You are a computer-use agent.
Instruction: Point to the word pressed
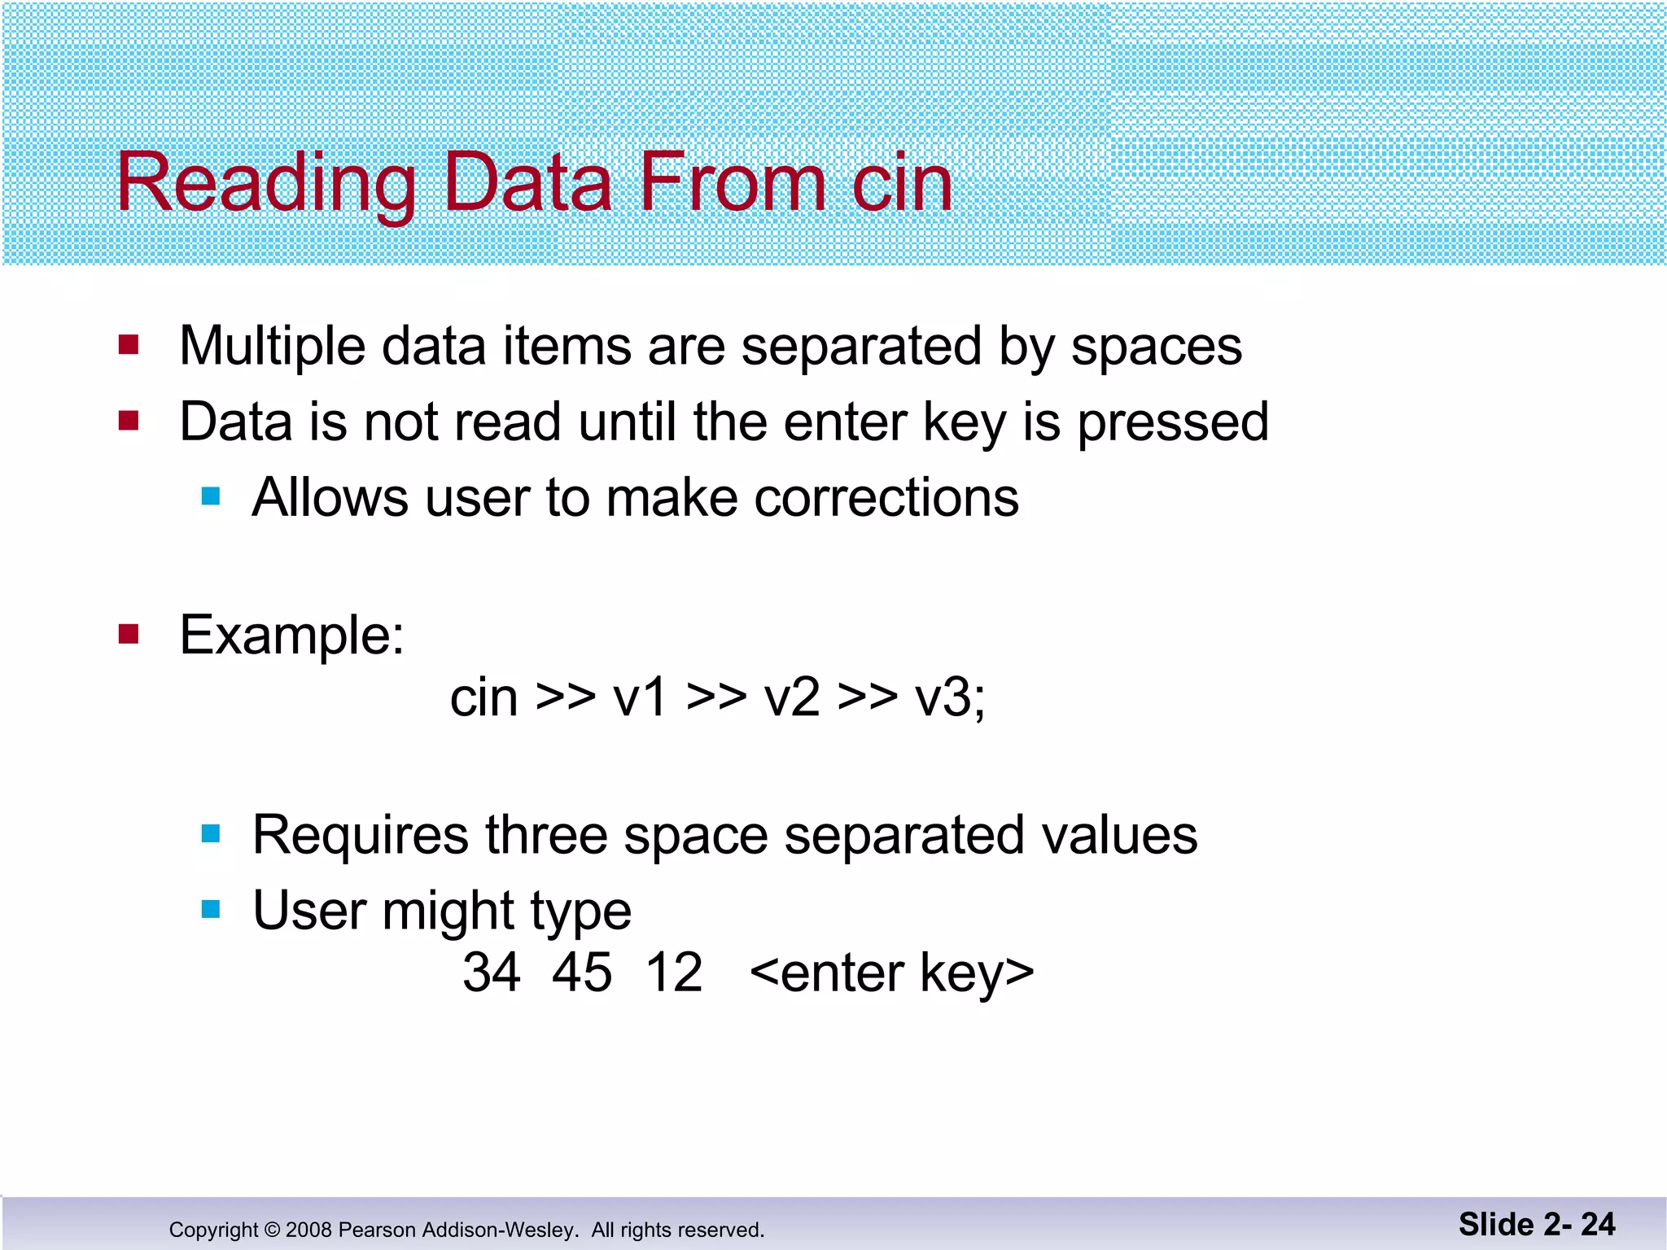click(1173, 423)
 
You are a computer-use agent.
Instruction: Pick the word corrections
click(886, 497)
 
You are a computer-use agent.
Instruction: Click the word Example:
click(291, 635)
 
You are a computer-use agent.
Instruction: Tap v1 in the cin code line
click(641, 698)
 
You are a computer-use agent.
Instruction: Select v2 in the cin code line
click(792, 698)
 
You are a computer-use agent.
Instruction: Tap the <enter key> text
click(891, 973)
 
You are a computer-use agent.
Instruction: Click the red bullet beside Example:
click(129, 633)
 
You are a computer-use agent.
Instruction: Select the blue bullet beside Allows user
click(211, 496)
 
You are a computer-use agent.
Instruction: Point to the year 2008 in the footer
click(308, 1230)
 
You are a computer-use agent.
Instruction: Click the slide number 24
click(1598, 1224)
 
